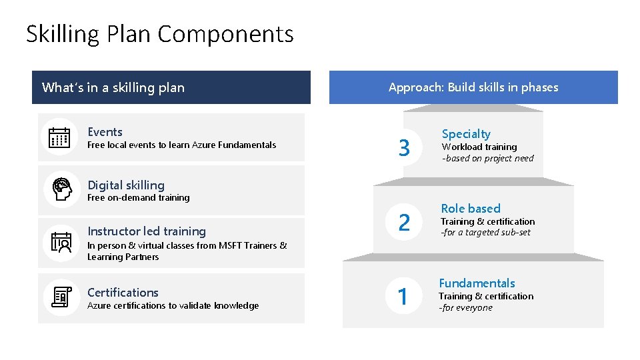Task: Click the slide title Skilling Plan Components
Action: tap(159, 34)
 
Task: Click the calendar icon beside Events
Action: tap(60, 137)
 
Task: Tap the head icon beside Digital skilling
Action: tap(61, 189)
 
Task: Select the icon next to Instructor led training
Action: tap(61, 243)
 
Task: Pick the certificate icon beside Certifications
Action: tap(61, 297)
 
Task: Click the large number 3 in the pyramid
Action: tap(404, 148)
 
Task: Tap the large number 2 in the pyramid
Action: tap(404, 222)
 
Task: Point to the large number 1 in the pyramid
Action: tap(403, 296)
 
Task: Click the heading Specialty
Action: tap(466, 134)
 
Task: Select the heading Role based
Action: tap(471, 209)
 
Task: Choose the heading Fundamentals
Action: tap(477, 283)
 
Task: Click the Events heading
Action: tap(105, 132)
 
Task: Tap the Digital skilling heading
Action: tap(126, 185)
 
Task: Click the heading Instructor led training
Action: tap(147, 231)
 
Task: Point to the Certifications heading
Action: tap(123, 293)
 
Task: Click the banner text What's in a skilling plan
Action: tap(113, 87)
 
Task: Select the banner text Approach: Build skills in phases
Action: tap(473, 87)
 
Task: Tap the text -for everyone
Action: tap(465, 308)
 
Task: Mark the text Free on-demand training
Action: tap(139, 198)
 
